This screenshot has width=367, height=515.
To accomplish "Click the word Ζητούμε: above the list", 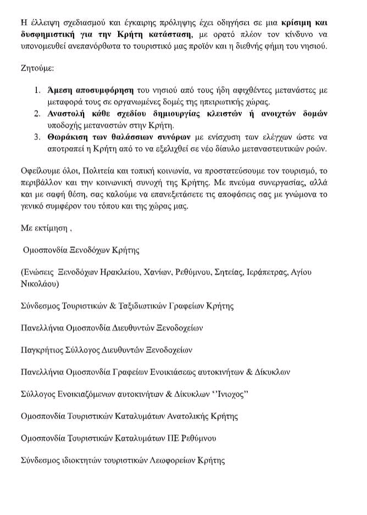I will coord(36,71).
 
